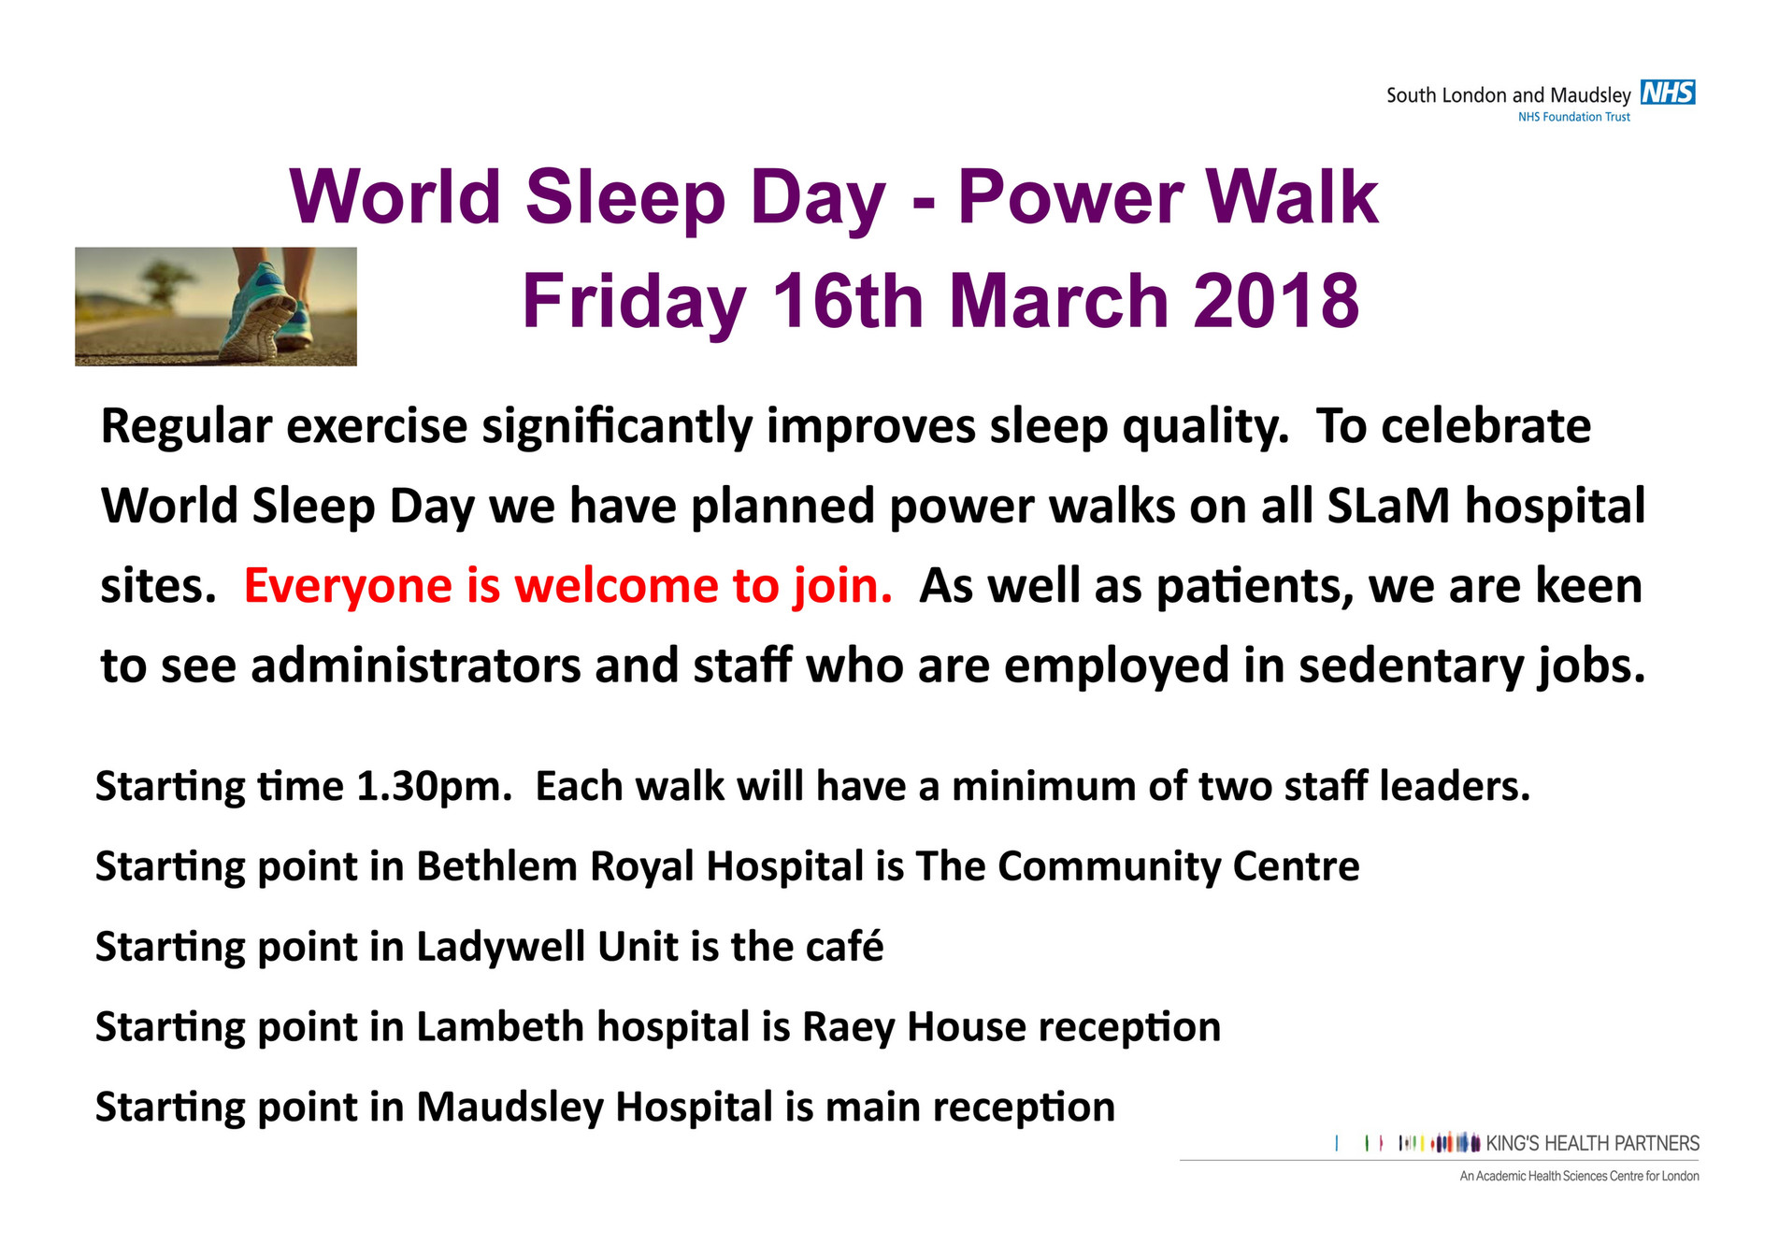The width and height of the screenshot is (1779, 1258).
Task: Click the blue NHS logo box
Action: point(1668,93)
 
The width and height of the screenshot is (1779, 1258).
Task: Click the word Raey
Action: point(848,1027)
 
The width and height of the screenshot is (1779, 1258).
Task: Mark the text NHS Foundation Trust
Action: point(1573,117)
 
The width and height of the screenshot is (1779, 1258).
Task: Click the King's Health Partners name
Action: point(1592,1143)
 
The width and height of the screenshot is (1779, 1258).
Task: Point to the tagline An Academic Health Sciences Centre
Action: point(1579,1176)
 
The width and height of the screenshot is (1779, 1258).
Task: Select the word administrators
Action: point(416,666)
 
